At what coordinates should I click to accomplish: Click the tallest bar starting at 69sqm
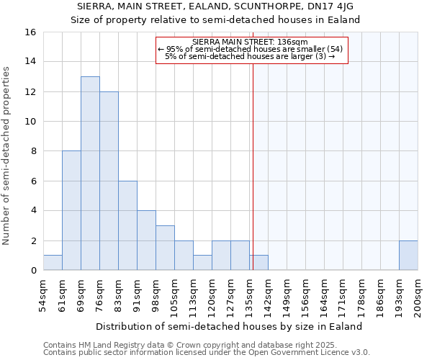tap(90, 173)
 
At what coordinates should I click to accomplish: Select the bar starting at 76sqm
tap(109, 181)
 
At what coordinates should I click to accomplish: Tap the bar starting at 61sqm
tap(71, 210)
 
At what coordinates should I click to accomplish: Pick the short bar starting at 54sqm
tap(53, 263)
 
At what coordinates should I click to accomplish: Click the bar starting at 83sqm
tap(127, 225)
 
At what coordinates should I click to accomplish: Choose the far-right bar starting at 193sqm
tap(408, 256)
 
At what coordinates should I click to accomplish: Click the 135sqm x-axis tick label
tap(250, 295)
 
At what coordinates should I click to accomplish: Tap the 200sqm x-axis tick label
tap(418, 295)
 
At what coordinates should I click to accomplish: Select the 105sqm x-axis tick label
tap(175, 295)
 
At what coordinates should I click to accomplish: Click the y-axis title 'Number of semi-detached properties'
tap(6, 155)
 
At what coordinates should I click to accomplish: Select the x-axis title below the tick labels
tap(228, 326)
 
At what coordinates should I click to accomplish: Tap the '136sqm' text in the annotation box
tap(294, 42)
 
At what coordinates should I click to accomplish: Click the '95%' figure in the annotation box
tap(176, 49)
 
